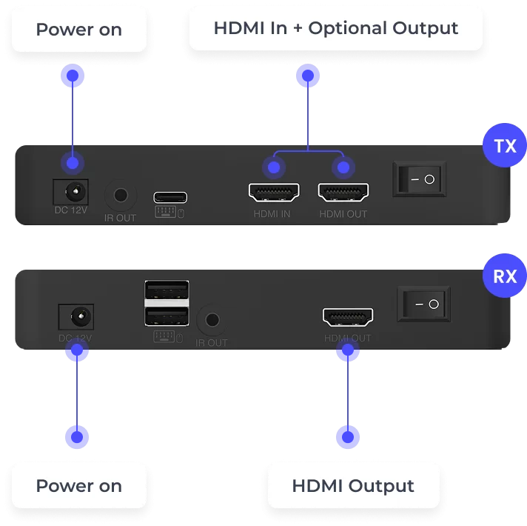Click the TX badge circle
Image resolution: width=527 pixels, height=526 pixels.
click(505, 145)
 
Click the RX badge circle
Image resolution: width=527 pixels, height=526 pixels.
click(505, 276)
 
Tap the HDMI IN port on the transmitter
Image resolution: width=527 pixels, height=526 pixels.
click(274, 193)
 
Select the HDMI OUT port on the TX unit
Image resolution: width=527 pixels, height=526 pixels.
click(343, 193)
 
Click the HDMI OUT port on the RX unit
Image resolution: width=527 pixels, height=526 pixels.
click(348, 317)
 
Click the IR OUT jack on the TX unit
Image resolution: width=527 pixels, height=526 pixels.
click(121, 195)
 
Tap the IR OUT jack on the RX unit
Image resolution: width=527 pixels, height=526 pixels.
click(212, 319)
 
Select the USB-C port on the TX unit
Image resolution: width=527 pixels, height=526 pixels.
click(170, 197)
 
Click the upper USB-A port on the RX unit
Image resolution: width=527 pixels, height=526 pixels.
click(167, 290)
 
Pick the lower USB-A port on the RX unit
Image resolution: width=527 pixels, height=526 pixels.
click(167, 316)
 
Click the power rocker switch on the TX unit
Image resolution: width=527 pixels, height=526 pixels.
click(420, 179)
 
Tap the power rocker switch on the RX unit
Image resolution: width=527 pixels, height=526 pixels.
click(424, 304)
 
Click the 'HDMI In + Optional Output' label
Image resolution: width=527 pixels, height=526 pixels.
click(336, 28)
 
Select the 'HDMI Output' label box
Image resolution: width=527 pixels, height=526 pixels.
click(353, 486)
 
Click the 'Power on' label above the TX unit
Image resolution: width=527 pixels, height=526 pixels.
click(79, 30)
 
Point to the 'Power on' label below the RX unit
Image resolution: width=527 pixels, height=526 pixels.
click(79, 486)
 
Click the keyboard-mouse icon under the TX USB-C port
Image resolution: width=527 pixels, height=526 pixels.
click(169, 212)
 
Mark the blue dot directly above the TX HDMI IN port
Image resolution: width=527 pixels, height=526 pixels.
click(274, 167)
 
